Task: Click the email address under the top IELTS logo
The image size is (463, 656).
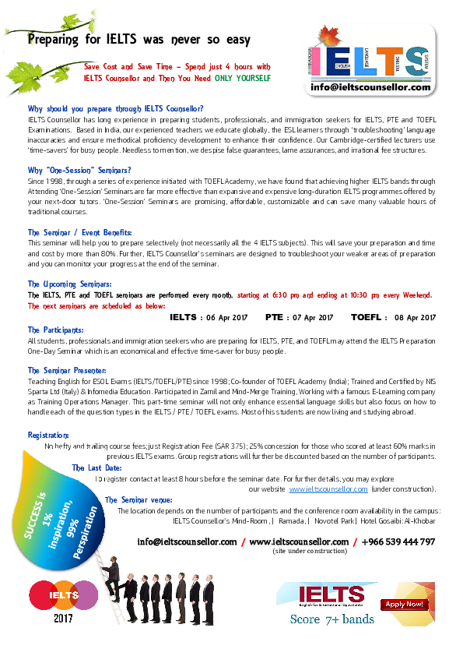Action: pos(370,87)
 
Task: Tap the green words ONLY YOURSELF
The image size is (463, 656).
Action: pos(243,78)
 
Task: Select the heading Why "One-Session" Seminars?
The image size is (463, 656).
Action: pos(79,171)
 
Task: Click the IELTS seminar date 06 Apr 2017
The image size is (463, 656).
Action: pos(227,318)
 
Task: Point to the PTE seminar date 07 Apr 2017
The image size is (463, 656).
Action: pos(313,318)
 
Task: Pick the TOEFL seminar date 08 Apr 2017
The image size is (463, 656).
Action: pos(415,318)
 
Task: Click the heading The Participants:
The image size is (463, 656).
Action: pos(55,330)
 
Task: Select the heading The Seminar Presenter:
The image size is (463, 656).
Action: pos(67,370)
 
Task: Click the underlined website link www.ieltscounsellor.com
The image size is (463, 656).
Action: pos(328,489)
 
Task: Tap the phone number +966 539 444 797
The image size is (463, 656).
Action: pos(398,541)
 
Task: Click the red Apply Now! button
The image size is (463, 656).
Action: pos(404,604)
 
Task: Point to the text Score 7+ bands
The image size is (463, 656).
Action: pos(332,619)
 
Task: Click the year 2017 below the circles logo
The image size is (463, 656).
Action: pos(63,619)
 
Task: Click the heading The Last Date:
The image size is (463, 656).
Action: pos(96,467)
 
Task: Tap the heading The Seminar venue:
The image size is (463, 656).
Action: pos(139,500)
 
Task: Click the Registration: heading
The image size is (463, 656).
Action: pos(48,435)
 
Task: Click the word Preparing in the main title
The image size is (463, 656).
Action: pos(53,40)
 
